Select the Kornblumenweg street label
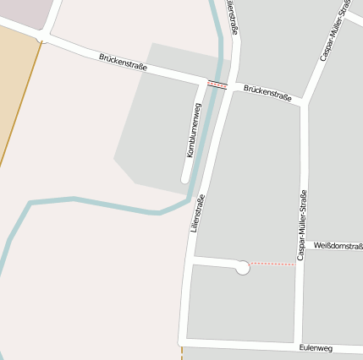[x=194, y=130]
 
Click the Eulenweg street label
[x=316, y=347]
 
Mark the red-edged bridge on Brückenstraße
[x=217, y=85]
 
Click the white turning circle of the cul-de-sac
[x=242, y=268]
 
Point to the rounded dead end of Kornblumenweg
[x=185, y=178]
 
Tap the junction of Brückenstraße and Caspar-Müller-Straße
[x=303, y=104]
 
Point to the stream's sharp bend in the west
[x=30, y=203]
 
